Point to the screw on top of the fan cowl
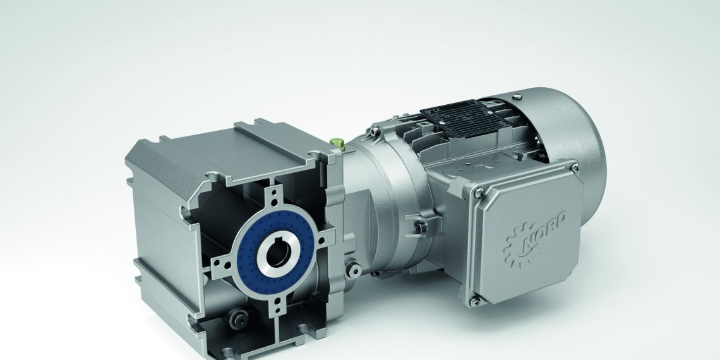click(518, 96)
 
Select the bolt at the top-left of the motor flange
click(375, 131)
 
